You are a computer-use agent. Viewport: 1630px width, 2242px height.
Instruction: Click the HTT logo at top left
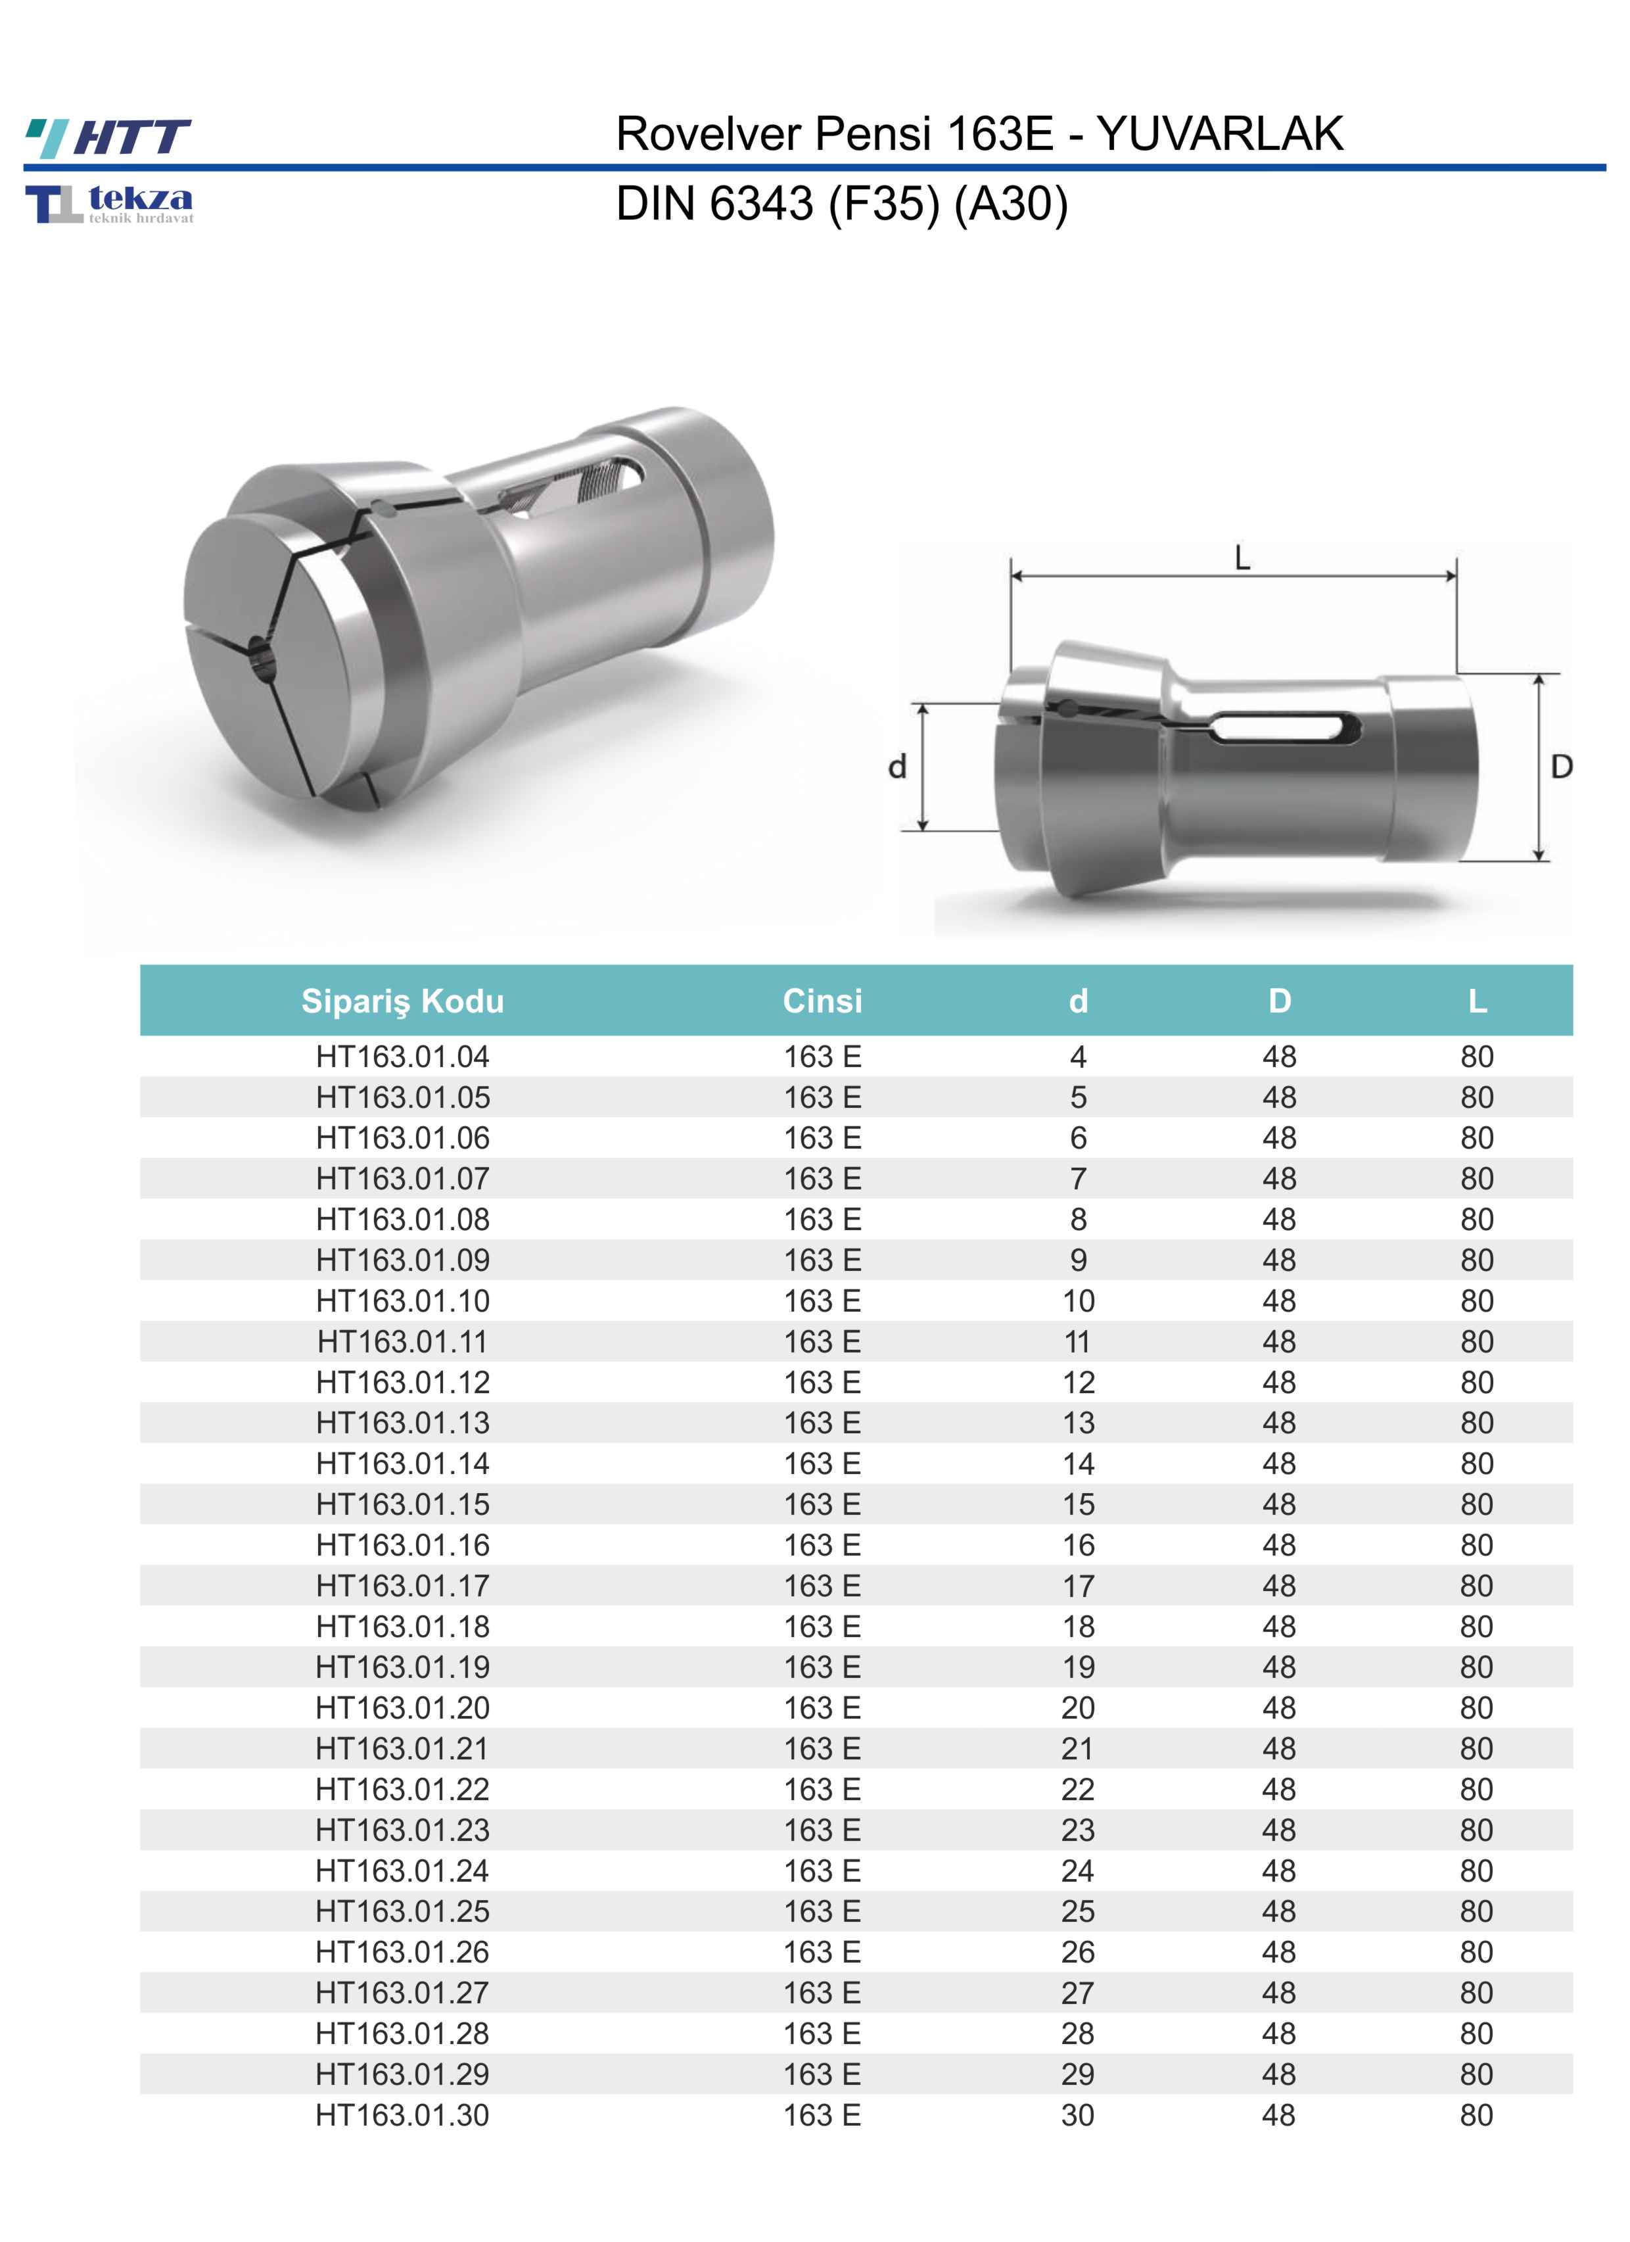108,137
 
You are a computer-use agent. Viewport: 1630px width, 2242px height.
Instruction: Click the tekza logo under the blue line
110,204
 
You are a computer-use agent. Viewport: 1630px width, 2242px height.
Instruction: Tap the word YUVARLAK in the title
1220,133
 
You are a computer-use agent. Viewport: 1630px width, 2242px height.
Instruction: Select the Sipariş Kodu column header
402,1001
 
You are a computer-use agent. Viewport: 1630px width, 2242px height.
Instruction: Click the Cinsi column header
822,1001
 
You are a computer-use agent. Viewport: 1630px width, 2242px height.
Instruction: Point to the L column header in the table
1477,1001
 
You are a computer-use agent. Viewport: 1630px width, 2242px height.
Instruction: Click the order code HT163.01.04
402,1057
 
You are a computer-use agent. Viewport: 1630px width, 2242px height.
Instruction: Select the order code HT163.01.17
402,1586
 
